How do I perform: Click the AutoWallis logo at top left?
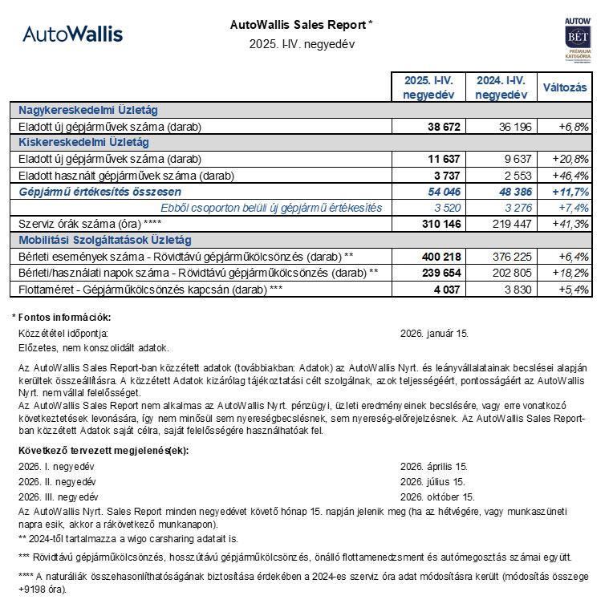[72, 34]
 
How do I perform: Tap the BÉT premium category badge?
[578, 38]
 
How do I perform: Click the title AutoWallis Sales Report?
[301, 25]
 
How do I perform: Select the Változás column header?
[565, 87]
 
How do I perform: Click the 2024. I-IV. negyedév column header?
[501, 87]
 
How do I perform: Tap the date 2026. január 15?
[434, 333]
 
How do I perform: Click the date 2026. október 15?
[437, 496]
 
